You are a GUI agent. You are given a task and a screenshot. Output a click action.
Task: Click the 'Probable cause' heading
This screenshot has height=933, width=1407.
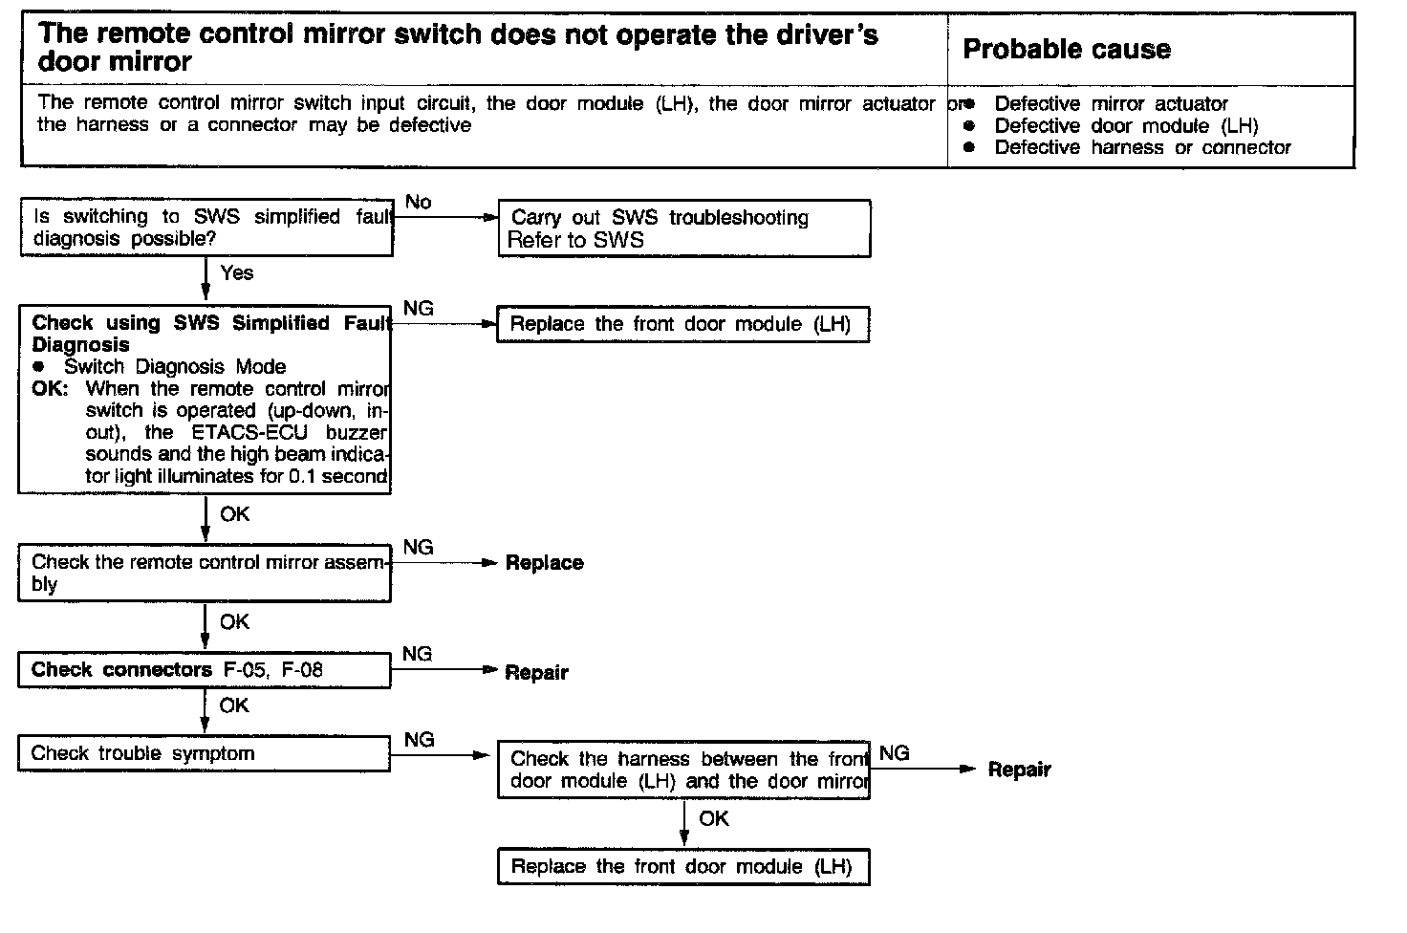click(x=1067, y=50)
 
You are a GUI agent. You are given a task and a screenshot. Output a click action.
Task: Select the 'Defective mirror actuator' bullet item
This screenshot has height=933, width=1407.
click(x=1111, y=103)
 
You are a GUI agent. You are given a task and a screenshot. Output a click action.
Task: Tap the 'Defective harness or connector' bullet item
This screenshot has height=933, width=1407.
click(x=1142, y=147)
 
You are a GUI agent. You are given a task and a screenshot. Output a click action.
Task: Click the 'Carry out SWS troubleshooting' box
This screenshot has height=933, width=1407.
click(x=684, y=228)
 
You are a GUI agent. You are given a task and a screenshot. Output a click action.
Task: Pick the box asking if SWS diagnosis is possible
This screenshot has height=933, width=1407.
click(x=206, y=228)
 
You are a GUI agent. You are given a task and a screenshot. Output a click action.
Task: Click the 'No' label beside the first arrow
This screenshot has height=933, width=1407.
click(x=419, y=202)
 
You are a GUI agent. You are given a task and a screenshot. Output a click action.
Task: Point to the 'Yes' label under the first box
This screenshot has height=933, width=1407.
click(x=237, y=273)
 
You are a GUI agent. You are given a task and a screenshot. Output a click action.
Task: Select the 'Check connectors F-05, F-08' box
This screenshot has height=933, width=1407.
click(x=205, y=670)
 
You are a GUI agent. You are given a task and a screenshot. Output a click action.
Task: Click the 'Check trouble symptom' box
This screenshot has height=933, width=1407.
click(x=205, y=753)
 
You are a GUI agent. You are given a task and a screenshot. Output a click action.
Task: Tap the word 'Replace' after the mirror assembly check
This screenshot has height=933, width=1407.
click(x=544, y=563)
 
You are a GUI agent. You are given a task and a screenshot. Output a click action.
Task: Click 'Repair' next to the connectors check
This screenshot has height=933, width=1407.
click(x=536, y=672)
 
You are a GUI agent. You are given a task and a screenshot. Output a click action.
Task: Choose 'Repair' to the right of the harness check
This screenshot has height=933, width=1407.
click(x=1019, y=770)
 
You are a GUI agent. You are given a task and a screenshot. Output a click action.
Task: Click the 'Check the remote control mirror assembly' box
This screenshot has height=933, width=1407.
click(x=205, y=573)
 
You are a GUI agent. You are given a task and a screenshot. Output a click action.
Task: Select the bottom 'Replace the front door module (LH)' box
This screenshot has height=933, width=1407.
click(x=683, y=867)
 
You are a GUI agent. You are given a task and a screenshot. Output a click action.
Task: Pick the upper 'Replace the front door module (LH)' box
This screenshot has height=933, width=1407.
click(x=683, y=324)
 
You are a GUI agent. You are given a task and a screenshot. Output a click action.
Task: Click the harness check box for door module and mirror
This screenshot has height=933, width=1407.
click(x=683, y=770)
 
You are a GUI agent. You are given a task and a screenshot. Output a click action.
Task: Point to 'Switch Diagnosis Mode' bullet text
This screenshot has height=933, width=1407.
click(x=175, y=366)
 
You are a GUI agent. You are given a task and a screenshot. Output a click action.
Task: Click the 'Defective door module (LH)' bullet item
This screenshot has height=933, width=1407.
click(x=1126, y=125)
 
